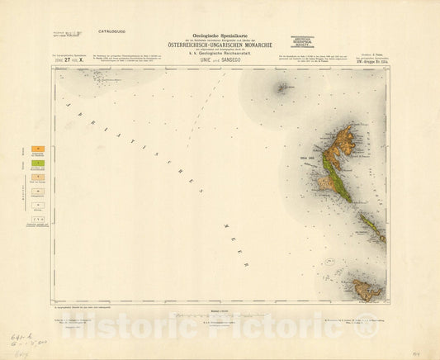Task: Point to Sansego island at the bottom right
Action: [x=366, y=288]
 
